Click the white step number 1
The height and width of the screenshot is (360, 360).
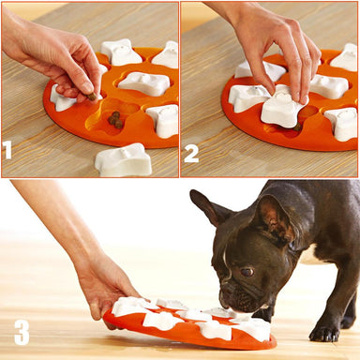(8, 150)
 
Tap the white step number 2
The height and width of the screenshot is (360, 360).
(191, 153)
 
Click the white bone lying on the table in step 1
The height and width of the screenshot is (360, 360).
(123, 160)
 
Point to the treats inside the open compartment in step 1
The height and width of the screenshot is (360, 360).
(114, 119)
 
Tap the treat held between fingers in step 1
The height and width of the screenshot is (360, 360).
(93, 95)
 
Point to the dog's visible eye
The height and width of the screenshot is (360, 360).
(247, 272)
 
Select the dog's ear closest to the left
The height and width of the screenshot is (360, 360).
(208, 208)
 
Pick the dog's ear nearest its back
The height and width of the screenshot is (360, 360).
(274, 214)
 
